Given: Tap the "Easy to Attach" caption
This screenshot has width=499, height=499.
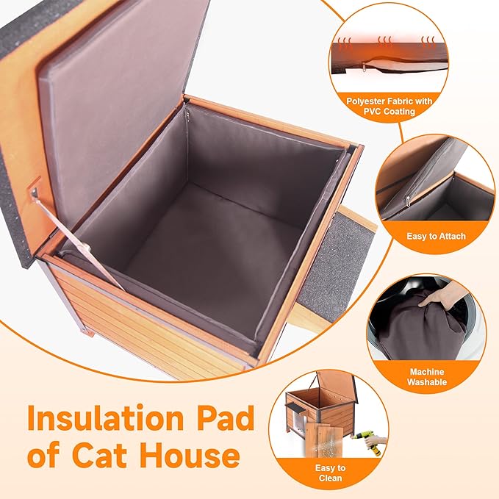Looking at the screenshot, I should pos(436,236).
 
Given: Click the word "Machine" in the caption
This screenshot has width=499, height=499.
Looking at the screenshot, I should pos(427,372).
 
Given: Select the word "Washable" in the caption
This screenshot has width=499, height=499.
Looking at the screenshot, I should pos(427,383).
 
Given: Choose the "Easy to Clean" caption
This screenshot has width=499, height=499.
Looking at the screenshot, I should pos(331,473).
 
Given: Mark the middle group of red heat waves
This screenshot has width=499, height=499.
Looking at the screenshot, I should pos(384,40).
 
